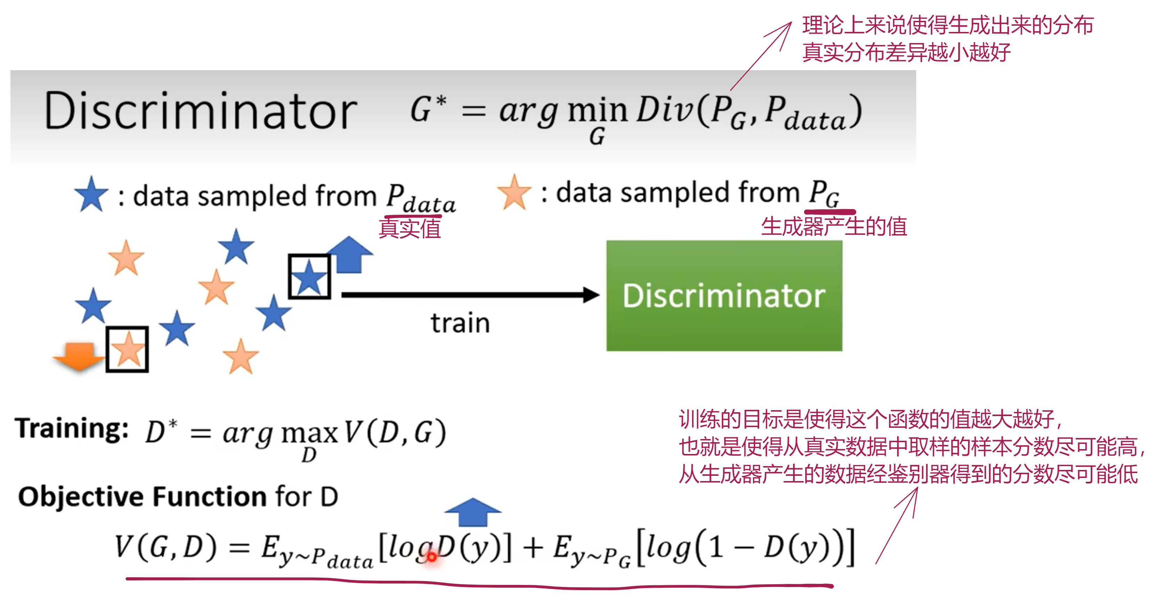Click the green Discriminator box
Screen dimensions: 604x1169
(x=724, y=295)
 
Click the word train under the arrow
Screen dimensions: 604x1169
(x=460, y=323)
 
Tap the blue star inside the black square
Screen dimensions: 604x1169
(x=309, y=276)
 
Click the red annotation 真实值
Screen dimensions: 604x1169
(x=410, y=228)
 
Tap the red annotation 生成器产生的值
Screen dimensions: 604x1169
(x=834, y=226)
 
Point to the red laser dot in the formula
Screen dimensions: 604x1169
(x=432, y=556)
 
